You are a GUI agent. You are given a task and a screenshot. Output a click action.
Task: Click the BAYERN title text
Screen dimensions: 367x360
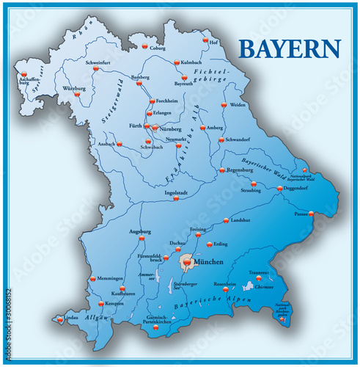(x=290, y=49)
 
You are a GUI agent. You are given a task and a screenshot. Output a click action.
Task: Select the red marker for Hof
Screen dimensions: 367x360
(x=206, y=40)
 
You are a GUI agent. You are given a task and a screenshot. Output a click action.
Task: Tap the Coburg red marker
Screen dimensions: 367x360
(x=144, y=46)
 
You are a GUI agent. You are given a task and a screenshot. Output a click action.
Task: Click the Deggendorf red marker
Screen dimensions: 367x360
(x=279, y=189)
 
